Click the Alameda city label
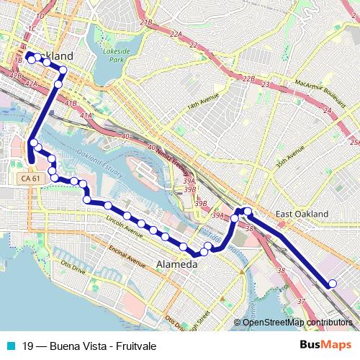(x=176, y=265)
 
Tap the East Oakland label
(x=302, y=214)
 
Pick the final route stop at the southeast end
(x=332, y=284)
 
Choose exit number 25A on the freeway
(x=353, y=142)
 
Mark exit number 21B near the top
(x=146, y=23)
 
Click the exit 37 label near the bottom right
(x=300, y=300)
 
